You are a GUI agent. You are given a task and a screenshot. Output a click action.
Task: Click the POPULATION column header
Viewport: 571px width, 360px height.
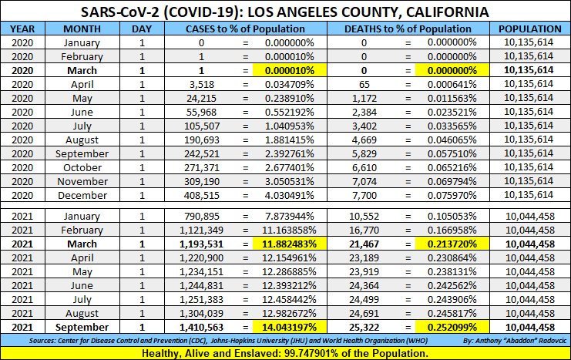(529, 29)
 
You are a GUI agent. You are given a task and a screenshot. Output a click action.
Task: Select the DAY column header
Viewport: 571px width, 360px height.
(142, 29)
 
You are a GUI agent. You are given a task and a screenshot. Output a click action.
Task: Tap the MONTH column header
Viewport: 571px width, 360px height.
(82, 29)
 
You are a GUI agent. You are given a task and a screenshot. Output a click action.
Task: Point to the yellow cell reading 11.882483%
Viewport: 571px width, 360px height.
(287, 244)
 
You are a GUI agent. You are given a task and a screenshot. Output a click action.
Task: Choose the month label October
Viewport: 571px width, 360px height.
(82, 167)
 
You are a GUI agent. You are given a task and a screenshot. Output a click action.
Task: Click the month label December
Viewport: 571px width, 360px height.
(82, 195)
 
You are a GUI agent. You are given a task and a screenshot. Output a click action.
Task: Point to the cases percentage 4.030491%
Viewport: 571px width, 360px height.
(287, 195)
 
